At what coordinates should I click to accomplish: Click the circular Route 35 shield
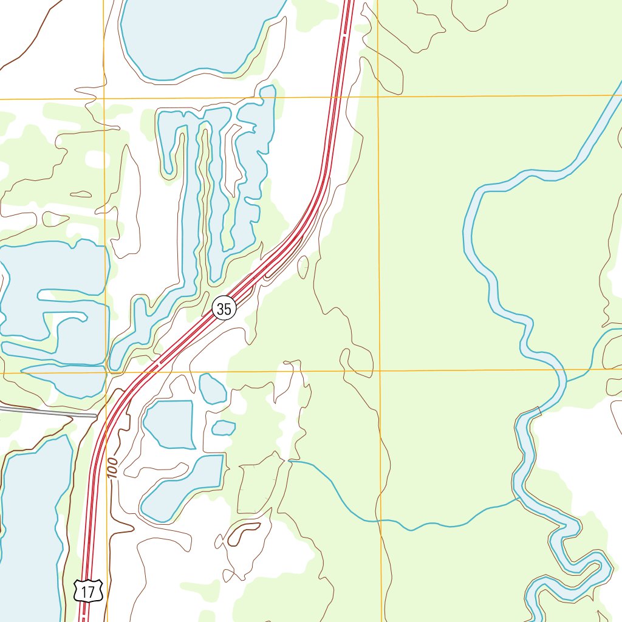(224, 309)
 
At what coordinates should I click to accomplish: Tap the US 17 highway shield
(89, 591)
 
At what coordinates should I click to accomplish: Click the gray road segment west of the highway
(49, 412)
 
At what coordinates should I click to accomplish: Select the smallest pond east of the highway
(224, 428)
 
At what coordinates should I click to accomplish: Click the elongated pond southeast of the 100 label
(182, 486)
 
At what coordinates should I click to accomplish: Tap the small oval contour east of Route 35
(302, 267)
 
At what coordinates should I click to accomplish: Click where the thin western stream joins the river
(518, 499)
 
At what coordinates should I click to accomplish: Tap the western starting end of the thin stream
(290, 462)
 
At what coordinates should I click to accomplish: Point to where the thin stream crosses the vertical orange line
(381, 521)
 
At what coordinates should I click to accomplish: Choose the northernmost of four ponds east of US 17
(212, 389)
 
